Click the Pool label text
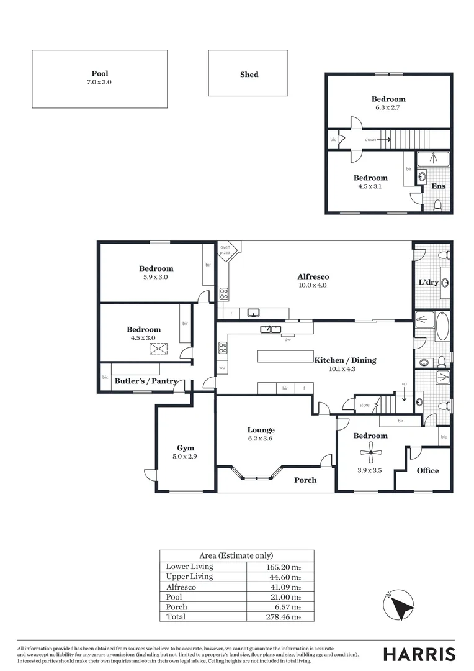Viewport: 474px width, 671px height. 99,74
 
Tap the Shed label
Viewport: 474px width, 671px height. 249,75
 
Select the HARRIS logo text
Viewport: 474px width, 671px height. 419,654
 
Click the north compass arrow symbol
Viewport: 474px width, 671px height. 398,604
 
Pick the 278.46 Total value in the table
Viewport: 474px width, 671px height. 280,617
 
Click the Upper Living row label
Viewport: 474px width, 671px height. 189,577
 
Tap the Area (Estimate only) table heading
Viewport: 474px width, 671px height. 236,556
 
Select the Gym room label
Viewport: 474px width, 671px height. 186,448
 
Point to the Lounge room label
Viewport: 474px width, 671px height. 261,430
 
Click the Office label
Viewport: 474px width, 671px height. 427,471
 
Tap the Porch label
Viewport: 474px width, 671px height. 305,480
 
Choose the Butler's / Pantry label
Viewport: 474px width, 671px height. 146,381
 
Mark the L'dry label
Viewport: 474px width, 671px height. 429,283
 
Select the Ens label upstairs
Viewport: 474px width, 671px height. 439,186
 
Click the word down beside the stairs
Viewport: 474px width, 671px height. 370,140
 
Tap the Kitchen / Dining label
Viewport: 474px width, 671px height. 345,360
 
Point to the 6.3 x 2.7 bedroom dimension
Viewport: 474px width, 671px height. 388,108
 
